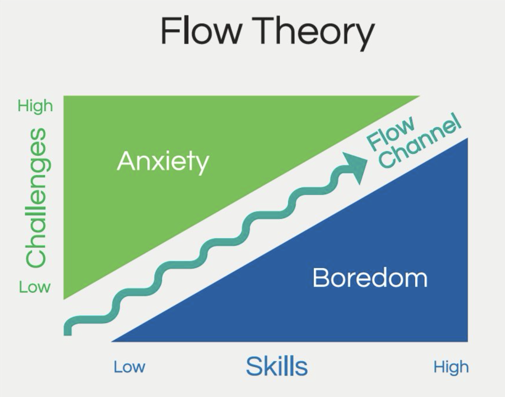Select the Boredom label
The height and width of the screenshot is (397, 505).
click(x=370, y=278)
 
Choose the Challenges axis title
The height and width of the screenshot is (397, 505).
click(x=38, y=197)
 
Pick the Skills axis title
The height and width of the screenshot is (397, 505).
click(x=277, y=366)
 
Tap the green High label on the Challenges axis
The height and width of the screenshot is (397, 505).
click(x=35, y=106)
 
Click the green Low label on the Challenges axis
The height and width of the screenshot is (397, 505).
click(x=35, y=287)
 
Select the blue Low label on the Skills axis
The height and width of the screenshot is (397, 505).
click(x=129, y=367)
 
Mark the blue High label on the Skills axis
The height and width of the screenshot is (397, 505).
click(x=451, y=367)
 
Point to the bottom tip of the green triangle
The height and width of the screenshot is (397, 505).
click(x=64, y=299)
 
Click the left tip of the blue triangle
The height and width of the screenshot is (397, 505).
click(x=112, y=341)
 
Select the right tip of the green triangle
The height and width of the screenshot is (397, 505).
click(x=420, y=96)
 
